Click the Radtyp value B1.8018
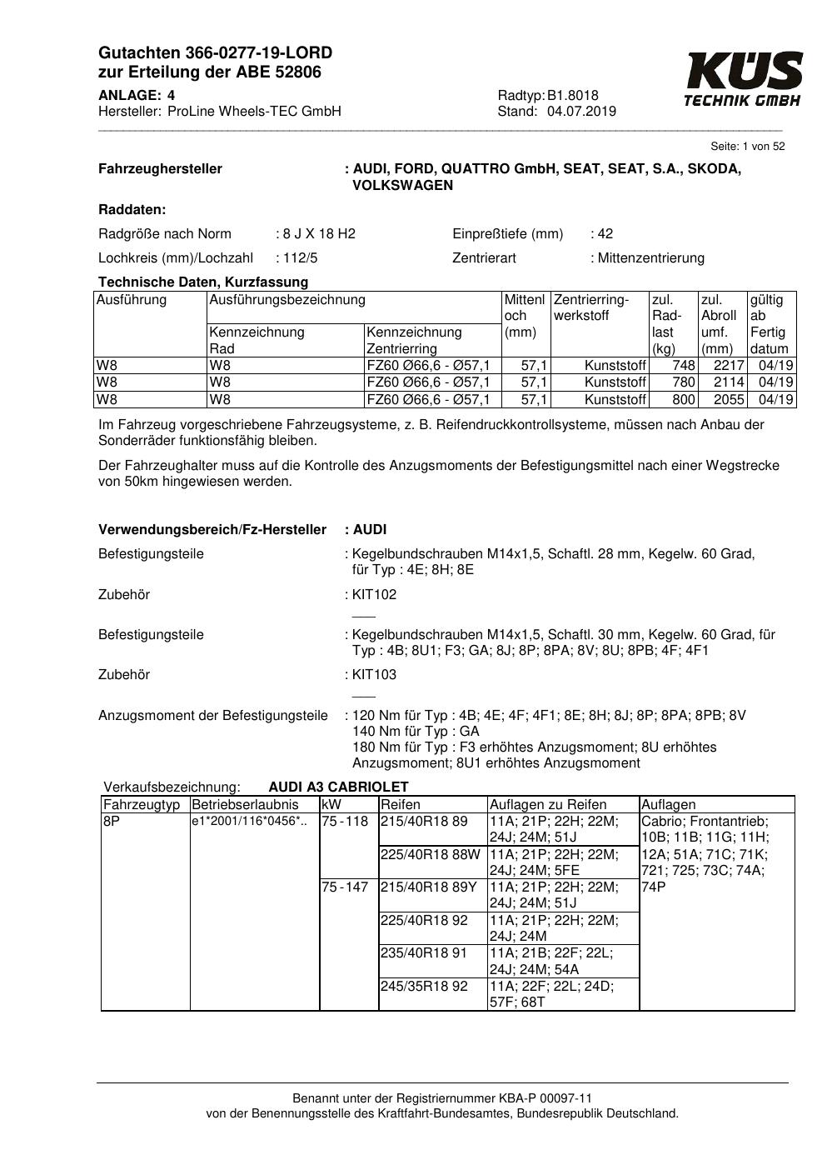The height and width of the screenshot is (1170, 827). [573, 95]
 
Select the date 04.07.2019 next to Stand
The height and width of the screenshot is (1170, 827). [581, 112]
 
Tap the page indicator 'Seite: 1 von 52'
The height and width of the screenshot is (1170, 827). [747, 147]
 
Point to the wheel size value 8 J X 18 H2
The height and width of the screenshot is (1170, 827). [319, 233]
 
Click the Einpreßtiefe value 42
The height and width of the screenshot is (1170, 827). [605, 233]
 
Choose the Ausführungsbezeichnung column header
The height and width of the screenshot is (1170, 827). [287, 299]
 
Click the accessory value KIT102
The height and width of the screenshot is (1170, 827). [375, 594]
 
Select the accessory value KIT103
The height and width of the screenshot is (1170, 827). [375, 674]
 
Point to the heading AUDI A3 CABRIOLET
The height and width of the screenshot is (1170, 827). [338, 787]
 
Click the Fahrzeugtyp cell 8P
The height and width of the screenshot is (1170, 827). [112, 821]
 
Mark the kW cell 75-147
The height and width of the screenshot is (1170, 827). [345, 887]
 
